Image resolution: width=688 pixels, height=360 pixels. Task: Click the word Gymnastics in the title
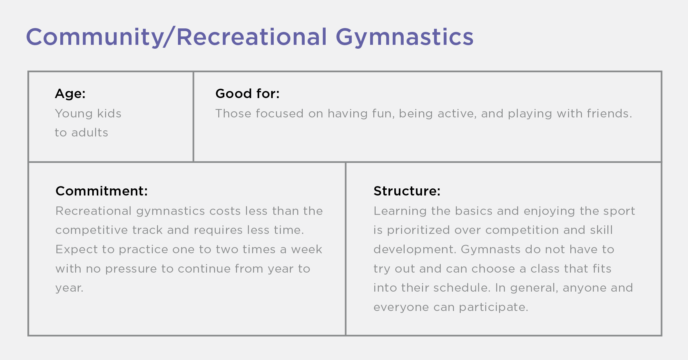point(404,37)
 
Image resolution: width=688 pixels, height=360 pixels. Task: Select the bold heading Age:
point(70,94)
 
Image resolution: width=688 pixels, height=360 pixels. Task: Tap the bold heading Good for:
point(247,94)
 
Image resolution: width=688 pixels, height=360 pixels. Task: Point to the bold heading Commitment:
point(102,191)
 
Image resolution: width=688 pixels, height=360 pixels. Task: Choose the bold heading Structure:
point(407,191)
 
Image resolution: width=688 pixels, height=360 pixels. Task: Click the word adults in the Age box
point(90,133)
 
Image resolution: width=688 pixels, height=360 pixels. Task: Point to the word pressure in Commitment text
point(131,269)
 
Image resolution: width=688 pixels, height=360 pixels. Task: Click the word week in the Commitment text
point(306,249)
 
